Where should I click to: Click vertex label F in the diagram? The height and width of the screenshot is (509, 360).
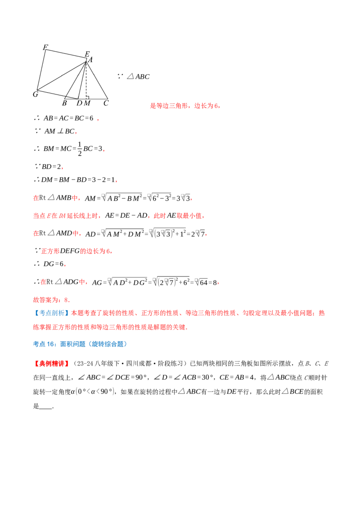point(45,47)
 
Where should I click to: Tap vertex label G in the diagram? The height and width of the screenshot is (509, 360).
point(36,94)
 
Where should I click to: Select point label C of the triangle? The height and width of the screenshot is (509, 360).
point(106,103)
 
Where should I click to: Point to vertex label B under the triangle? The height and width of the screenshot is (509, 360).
point(64,103)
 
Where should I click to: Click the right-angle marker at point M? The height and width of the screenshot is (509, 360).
point(88,97)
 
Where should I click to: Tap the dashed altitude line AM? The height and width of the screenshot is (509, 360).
point(86,80)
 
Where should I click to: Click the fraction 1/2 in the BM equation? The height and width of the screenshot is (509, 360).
point(80,149)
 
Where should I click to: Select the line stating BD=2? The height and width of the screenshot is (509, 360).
point(49,166)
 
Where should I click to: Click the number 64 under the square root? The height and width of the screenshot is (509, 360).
point(204,282)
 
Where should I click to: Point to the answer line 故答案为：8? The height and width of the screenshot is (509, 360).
point(51,299)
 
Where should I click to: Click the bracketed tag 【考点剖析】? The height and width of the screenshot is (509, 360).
point(51,313)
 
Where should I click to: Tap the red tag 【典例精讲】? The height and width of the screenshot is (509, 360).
point(52,364)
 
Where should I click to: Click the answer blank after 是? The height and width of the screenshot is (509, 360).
point(45,406)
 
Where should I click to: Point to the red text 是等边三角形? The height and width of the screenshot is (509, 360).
point(169,106)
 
